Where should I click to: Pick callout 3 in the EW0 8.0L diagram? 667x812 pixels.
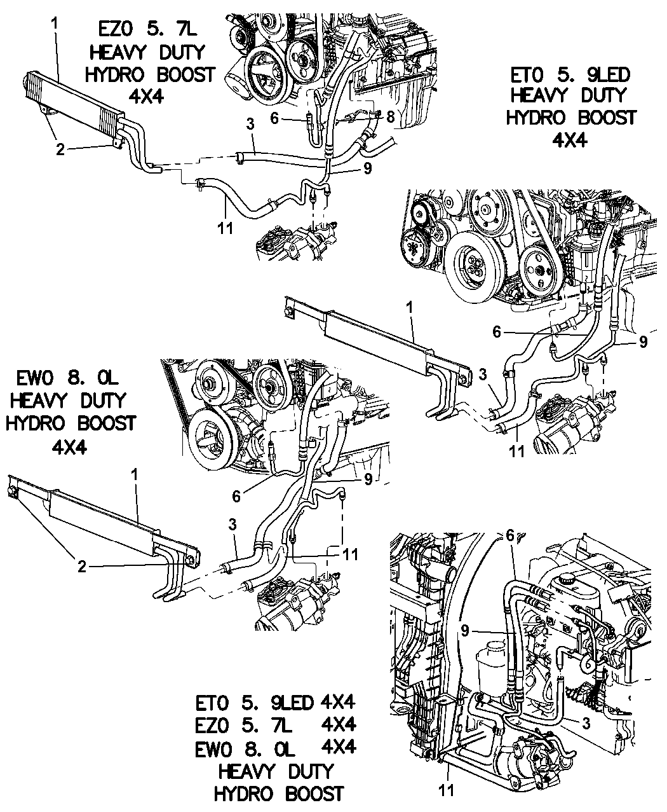click(232, 525)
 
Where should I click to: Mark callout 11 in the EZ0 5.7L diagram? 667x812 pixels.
click(226, 227)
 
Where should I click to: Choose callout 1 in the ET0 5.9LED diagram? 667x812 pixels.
click(410, 307)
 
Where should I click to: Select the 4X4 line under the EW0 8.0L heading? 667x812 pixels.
click(71, 444)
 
